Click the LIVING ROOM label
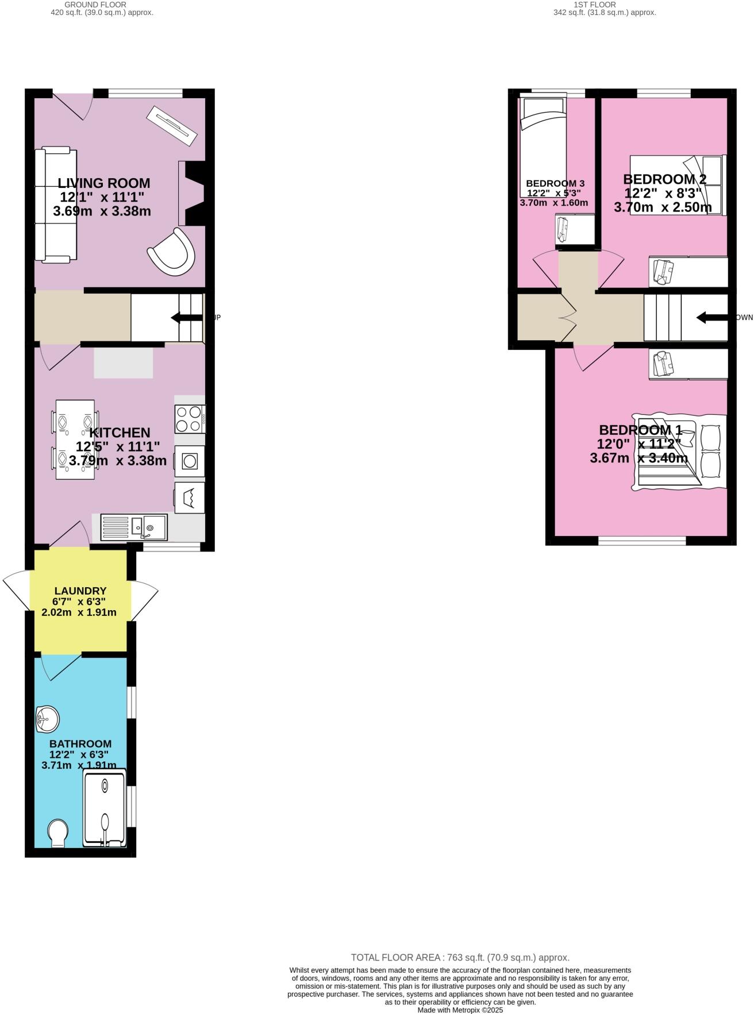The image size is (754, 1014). [x=103, y=183]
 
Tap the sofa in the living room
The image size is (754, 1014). [x=55, y=205]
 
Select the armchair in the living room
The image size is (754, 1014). [x=172, y=252]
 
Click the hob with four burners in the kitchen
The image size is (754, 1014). [x=190, y=419]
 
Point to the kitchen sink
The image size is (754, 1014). [x=134, y=527]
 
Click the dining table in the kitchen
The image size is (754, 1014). [x=75, y=439]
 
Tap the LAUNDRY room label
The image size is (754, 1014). [x=80, y=591]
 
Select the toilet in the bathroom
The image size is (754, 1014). [x=57, y=832]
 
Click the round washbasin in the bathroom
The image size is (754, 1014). [x=48, y=719]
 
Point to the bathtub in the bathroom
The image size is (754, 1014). [x=104, y=810]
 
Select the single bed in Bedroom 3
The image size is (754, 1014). [x=542, y=146]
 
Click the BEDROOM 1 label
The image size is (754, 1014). [x=640, y=430]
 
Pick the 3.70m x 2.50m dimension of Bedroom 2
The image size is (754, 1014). [x=663, y=207]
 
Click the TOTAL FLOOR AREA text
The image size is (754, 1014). [x=460, y=957]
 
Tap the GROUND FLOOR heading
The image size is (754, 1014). [x=95, y=5]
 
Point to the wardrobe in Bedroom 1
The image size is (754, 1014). [x=688, y=364]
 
